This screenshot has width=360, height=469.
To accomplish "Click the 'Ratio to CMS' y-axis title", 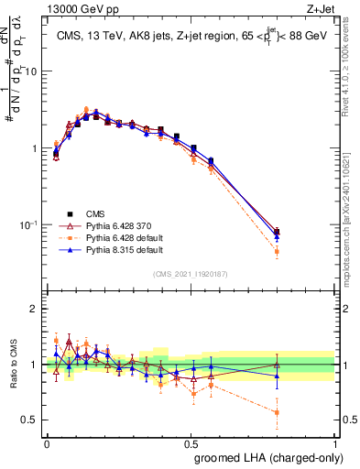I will pyautogui.click(x=12, y=365).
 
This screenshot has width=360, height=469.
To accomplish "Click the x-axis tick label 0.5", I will pyautogui.click(x=191, y=441).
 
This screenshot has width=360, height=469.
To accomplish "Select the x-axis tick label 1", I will pyautogui.click(x=335, y=441).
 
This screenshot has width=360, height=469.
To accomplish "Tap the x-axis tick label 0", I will pyautogui.click(x=47, y=441).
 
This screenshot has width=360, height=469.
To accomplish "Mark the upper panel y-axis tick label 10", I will pyautogui.click(x=29, y=71).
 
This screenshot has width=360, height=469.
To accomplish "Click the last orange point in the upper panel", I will pyautogui.click(x=278, y=251).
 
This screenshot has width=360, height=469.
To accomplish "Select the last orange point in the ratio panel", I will pyautogui.click(x=278, y=413).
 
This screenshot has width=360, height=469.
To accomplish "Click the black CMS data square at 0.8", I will pyautogui.click(x=278, y=232).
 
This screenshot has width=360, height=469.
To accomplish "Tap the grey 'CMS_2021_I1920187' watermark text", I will pyautogui.click(x=191, y=274).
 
